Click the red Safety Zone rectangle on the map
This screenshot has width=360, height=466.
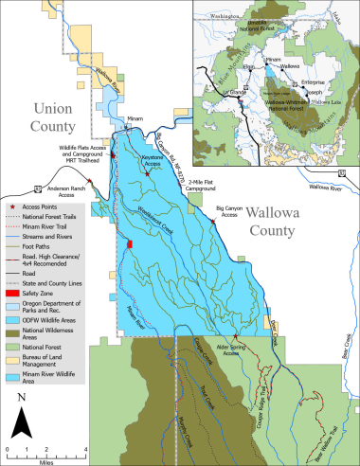pyautogui.click(x=130, y=245)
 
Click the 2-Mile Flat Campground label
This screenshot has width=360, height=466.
pyautogui.click(x=206, y=185)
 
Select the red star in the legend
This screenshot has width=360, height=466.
pyautogui.click(x=10, y=206)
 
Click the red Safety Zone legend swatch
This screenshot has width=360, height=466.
pyautogui.click(x=12, y=294)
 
